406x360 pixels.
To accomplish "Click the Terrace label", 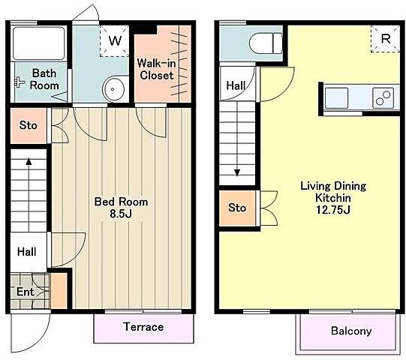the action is (143, 327).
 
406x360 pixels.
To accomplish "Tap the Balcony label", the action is (351, 331).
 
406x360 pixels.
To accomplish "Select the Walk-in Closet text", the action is (156, 69).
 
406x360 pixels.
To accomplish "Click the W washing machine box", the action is (114, 40).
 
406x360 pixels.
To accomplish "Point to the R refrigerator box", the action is (385, 39).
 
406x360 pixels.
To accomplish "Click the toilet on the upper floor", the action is (266, 43).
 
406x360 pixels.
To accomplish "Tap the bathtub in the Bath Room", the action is (38, 43).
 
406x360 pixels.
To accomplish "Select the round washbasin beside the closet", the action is (113, 89).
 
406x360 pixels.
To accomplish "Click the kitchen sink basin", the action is (336, 97).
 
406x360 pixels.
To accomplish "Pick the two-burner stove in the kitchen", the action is (383, 97).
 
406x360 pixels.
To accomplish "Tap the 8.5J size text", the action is (121, 214).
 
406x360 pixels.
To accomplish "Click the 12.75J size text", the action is (333, 210).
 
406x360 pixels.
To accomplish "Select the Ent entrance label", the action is (25, 292).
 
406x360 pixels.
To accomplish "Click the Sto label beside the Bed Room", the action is (28, 125).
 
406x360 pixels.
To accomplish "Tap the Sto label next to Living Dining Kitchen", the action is (237, 208).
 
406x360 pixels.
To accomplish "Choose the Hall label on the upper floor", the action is (236, 85).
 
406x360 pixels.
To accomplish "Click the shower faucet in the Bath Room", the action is (20, 82).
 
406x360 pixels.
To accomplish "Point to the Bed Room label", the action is (121, 202).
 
